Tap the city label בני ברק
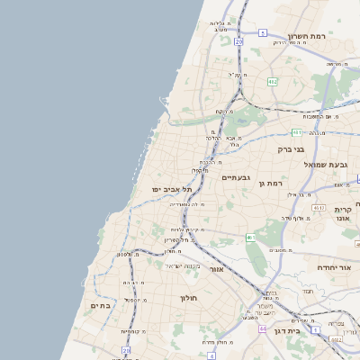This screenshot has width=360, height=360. pyautogui.click(x=292, y=149)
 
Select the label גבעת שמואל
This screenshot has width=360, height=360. pyautogui.click(x=325, y=164)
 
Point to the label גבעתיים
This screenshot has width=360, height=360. pyautogui.click(x=235, y=178)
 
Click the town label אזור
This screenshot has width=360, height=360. pyautogui.click(x=215, y=269)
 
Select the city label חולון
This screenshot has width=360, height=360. pyautogui.click(x=188, y=297)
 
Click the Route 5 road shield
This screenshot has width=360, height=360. pyautogui.click(x=263, y=32)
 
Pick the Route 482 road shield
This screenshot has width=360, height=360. pyautogui.click(x=272, y=81)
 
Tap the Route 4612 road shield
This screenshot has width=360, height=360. pyautogui.click(x=318, y=208)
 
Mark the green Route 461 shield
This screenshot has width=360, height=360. pyautogui.click(x=251, y=238)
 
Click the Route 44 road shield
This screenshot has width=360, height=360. pyautogui.click(x=336, y=339)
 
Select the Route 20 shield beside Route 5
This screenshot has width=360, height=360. pyautogui.click(x=238, y=41)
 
